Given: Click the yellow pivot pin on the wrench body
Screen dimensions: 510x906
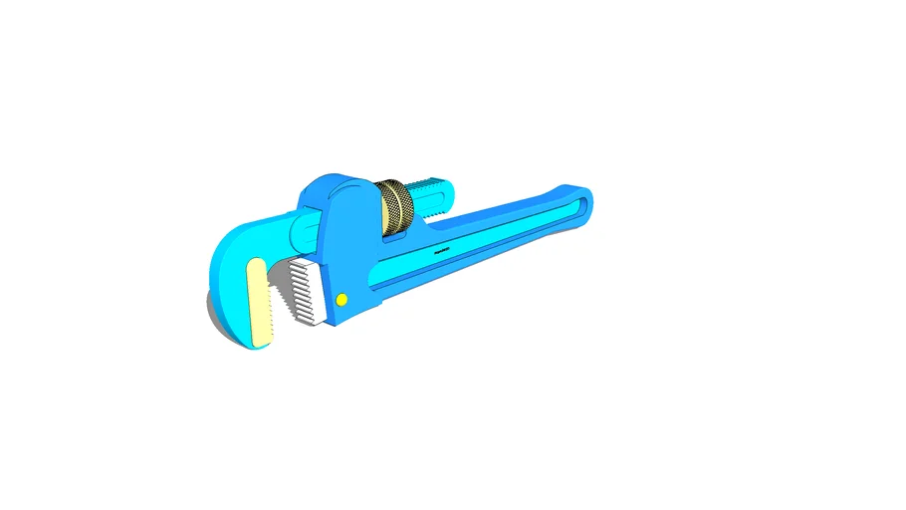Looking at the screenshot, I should (341, 299).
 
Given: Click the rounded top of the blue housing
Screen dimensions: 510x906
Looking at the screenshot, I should (334, 184).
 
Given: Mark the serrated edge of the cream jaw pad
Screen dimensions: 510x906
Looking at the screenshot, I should (269, 304).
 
